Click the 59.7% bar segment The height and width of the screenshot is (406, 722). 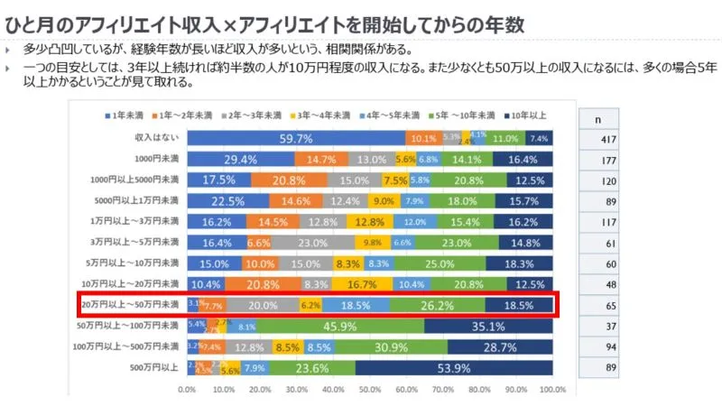click(x=295, y=138)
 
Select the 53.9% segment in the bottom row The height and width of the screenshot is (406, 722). click(x=454, y=367)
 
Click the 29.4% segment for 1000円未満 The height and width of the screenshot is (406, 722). click(x=240, y=159)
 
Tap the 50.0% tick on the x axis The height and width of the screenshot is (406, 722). click(x=369, y=391)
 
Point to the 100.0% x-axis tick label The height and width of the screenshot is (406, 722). click(x=551, y=391)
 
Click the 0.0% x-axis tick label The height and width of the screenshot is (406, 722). click(x=187, y=391)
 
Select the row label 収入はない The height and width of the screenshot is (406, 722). click(x=159, y=138)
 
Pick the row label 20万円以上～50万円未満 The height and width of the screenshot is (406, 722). click(x=133, y=305)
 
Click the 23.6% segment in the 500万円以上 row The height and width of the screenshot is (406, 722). click(x=311, y=367)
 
